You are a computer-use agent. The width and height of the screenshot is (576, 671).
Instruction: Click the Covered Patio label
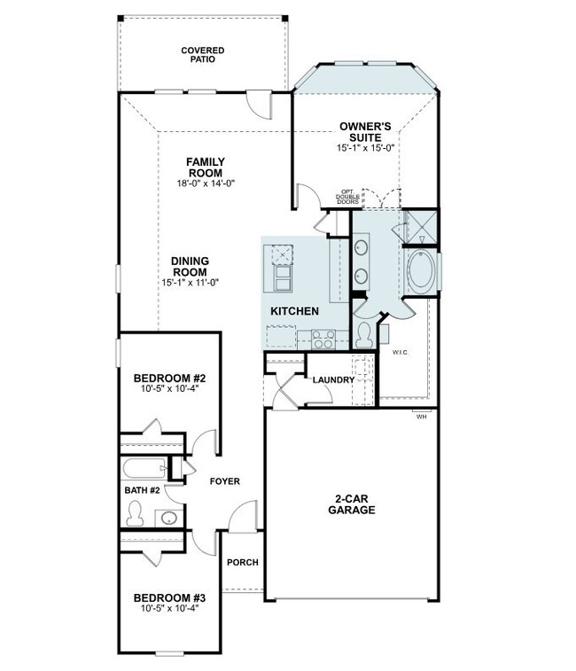pos(202,55)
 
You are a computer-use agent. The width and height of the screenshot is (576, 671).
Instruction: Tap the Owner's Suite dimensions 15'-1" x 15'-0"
pos(365,148)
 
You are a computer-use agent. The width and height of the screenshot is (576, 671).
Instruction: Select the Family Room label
pos(206,168)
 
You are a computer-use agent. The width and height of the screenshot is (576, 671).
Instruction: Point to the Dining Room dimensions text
pos(190,283)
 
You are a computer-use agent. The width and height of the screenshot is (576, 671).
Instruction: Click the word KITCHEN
pos(294,311)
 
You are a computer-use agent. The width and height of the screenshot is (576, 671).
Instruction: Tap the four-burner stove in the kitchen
pos(323,339)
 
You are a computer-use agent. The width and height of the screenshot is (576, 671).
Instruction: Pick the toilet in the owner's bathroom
pos(364,335)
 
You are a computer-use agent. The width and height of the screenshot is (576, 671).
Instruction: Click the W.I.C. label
pos(401,353)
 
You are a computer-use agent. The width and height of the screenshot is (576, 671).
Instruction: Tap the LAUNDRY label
pos(333,380)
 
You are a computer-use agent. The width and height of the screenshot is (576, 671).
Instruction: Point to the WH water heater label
pos(422,417)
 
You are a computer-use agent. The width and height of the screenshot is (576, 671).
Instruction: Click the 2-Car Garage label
pos(352,504)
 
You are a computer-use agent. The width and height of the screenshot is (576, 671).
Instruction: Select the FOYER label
pos(225,481)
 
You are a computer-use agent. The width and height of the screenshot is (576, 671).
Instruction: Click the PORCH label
pos(243,562)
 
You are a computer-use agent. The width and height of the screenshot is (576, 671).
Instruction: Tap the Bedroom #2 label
pos(170,378)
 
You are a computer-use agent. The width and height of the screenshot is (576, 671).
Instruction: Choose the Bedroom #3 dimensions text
pos(170,608)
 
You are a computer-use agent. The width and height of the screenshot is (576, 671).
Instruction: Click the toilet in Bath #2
pos(135,513)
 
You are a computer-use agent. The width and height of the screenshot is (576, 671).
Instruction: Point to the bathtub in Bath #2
pos(145,469)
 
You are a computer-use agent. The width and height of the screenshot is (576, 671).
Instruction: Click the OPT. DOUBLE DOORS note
pos(347,197)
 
